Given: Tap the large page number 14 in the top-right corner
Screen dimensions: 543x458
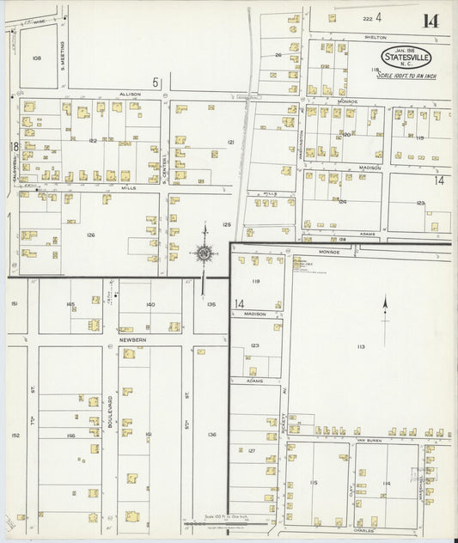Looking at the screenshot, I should [x=430, y=21].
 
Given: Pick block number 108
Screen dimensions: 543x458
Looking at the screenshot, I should [x=36, y=58].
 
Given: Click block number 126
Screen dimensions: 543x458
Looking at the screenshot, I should [x=90, y=235].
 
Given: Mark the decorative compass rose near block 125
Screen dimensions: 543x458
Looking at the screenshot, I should [x=205, y=253].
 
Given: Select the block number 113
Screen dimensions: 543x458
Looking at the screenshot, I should [x=361, y=347].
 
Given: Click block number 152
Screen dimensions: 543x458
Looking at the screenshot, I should [x=15, y=436].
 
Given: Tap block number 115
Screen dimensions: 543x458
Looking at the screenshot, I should [x=314, y=483].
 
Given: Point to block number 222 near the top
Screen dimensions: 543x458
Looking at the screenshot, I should [x=367, y=17].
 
